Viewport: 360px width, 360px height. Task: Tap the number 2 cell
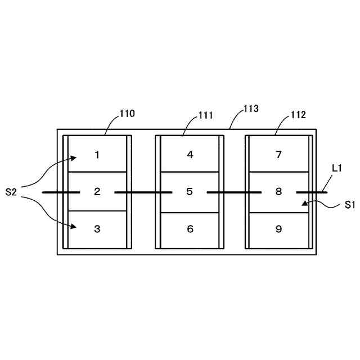click(97, 192)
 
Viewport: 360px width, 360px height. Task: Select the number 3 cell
click(97, 229)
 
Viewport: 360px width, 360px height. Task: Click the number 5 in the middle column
click(190, 192)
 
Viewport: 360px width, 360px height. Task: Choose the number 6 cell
click(190, 229)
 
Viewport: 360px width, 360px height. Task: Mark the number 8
click(278, 192)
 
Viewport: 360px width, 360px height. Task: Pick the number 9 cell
click(278, 229)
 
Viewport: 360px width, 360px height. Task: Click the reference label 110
click(127, 114)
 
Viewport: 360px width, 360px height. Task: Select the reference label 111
click(205, 116)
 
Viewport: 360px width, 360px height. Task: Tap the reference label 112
click(298, 115)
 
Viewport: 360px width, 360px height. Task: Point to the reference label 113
click(251, 109)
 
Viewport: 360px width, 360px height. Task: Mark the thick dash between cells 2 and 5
click(143, 192)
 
